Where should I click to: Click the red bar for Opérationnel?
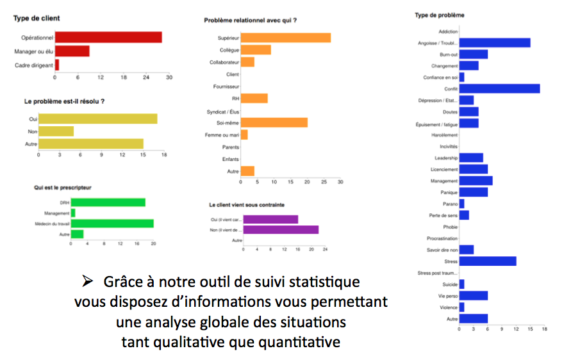pos(108,37)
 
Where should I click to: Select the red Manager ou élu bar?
pos(72,51)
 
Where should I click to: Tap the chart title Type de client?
pos(32,18)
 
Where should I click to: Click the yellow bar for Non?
pos(56,131)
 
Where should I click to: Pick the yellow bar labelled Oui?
pos(97,119)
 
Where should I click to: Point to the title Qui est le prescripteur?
pos(63,187)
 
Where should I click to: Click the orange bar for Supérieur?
pos(286,38)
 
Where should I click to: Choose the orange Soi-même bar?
pos(274,122)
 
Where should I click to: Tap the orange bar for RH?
pos(254,98)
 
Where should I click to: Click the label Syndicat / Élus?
pos(222,111)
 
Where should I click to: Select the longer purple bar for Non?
pos(281,229)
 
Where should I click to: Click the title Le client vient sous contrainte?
pos(247,205)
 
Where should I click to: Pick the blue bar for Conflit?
pos(499,88)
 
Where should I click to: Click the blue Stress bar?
pos(488,261)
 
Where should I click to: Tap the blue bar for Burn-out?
pos(474,54)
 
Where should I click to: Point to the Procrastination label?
pos(442,238)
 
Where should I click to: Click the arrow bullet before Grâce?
pos(87,281)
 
